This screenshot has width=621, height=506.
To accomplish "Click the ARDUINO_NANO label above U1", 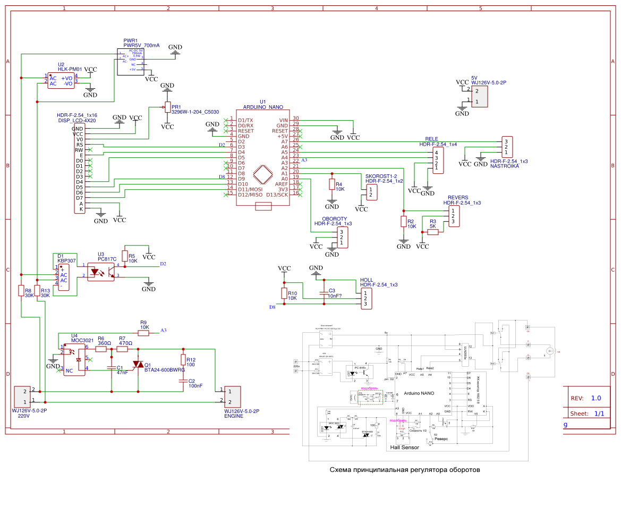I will [x=263, y=107].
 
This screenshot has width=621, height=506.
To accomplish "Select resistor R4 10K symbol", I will [x=332, y=185].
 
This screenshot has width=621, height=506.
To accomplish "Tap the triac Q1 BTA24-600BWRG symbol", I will [x=139, y=364].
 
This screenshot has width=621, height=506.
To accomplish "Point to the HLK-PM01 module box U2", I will [x=61, y=81].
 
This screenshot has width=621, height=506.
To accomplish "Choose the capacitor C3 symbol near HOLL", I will [x=324, y=293].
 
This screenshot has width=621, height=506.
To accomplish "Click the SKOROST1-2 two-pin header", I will [x=372, y=192].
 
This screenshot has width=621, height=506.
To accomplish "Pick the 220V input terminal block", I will [x=22, y=395].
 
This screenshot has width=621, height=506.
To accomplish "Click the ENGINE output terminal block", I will [x=233, y=396].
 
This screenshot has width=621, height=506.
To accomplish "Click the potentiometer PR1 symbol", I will [x=167, y=107].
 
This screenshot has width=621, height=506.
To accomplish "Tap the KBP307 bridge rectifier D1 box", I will [x=64, y=277].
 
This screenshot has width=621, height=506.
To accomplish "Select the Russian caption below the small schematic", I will [x=404, y=470].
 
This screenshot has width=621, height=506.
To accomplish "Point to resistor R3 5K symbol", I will [x=433, y=232].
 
